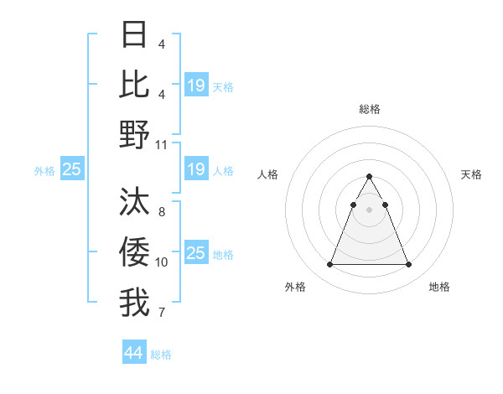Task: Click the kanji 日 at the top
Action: tap(134, 34)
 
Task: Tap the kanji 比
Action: tap(134, 84)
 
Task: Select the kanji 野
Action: tap(134, 134)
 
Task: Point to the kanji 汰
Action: tap(134, 202)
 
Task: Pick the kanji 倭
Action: tap(134, 251)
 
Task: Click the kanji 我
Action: tap(134, 303)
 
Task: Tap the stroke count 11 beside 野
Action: tap(162, 144)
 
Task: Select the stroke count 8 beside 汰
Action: tap(162, 212)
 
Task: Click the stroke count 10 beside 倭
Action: tap(162, 262)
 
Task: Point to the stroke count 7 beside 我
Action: tap(162, 313)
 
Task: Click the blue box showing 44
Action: tap(134, 353)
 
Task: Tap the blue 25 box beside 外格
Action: tap(72, 169)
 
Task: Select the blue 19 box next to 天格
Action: tap(196, 86)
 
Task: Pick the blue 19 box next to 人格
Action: tap(196, 169)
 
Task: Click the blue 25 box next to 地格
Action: tap(196, 253)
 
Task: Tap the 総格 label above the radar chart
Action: tap(370, 109)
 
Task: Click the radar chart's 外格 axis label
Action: tap(295, 287)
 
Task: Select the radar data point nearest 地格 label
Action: tap(408, 265)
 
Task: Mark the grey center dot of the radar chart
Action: tap(369, 210)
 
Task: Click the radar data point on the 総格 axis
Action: tap(369, 177)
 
